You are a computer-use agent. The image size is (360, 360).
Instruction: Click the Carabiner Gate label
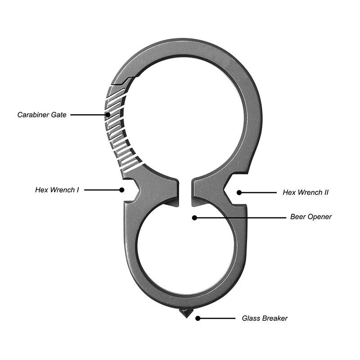pyautogui.click(x=42, y=115)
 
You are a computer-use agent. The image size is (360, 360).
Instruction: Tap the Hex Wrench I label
pyautogui.click(x=57, y=190)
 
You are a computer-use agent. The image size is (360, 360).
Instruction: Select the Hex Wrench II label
pyautogui.click(x=306, y=192)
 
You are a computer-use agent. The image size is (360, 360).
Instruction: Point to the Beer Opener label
pyautogui.click(x=311, y=217)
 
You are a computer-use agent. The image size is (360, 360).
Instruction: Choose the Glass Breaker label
pyautogui.click(x=265, y=318)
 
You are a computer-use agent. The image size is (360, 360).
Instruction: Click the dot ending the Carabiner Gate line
pyautogui.click(x=108, y=115)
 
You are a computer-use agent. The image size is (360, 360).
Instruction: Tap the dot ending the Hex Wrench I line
pyautogui.click(x=121, y=190)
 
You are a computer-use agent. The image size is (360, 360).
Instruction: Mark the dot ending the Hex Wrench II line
pyautogui.click(x=239, y=192)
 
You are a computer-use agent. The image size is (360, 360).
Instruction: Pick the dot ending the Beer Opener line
pyautogui.click(x=194, y=217)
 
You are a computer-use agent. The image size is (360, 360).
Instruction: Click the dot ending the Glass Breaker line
pyautogui.click(x=198, y=318)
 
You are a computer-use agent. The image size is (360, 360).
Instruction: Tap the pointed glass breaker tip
pyautogui.click(x=184, y=314)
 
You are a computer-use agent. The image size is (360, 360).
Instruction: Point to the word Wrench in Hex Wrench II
pyautogui.click(x=309, y=192)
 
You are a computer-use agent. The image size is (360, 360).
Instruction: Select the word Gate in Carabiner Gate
pyautogui.click(x=58, y=115)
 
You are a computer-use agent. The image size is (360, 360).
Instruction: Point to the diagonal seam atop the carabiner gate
pyautogui.click(x=123, y=81)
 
